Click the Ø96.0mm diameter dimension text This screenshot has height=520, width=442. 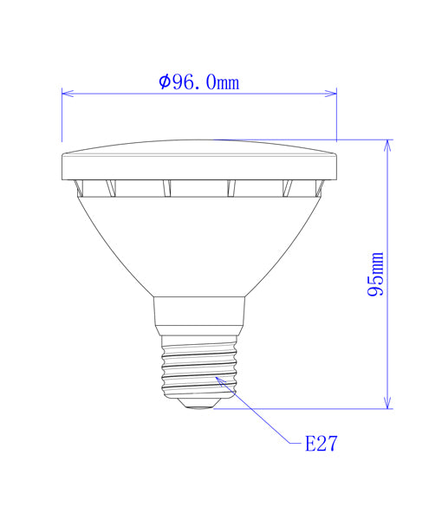click(199, 82)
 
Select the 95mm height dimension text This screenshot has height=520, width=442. click(375, 274)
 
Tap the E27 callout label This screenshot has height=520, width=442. click(320, 444)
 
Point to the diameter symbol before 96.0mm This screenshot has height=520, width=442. click(165, 82)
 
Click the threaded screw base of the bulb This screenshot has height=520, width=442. click(198, 367)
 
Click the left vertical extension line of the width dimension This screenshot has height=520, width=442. click(62, 117)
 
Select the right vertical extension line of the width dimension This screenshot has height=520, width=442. click(336, 117)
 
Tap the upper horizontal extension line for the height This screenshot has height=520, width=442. click(303, 139)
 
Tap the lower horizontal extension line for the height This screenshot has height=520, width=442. click(303, 408)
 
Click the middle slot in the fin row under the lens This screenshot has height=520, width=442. click(198, 187)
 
